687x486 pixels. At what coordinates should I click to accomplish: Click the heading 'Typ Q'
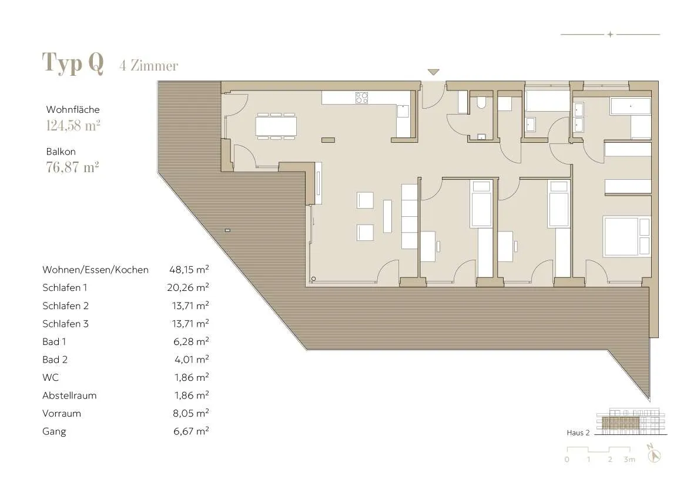[x=73, y=63]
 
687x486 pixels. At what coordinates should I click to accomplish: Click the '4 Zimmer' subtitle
[x=149, y=66]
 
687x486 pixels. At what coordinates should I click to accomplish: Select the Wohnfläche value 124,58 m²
[x=73, y=126]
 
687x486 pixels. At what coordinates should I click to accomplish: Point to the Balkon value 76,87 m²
[x=72, y=167]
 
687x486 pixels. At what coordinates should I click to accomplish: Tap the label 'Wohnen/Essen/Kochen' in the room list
[x=96, y=270]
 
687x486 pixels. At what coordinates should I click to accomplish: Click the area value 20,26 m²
[x=187, y=287]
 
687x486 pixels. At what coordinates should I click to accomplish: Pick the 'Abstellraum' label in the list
[x=69, y=395]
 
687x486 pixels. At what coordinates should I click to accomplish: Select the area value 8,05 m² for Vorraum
[x=190, y=413]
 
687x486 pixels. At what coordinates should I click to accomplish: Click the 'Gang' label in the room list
[x=54, y=432]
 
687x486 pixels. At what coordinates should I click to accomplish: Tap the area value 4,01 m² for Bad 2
[x=191, y=359]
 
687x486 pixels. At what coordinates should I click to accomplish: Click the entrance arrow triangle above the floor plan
[x=433, y=72]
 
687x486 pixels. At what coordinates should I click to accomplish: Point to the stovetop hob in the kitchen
[x=361, y=98]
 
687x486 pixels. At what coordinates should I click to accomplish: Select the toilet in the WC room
[x=481, y=102]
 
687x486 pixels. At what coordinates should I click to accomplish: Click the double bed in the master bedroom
[x=626, y=236]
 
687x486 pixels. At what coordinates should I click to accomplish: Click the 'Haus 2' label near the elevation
[x=578, y=433]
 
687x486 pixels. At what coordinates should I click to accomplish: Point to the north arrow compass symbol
[x=654, y=453]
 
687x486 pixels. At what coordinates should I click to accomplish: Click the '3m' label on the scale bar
[x=629, y=460]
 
